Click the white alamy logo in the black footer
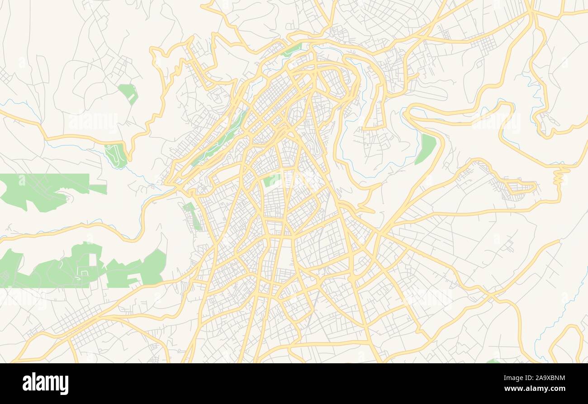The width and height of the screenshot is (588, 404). tap(46, 384)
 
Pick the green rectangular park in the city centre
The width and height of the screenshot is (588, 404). tap(271, 181)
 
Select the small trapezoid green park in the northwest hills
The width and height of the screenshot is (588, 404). tap(128, 92)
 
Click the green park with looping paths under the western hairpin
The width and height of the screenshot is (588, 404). tap(116, 155)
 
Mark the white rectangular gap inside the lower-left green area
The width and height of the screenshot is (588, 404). tap(93, 260)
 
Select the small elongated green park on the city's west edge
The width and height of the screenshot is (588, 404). tap(192, 215)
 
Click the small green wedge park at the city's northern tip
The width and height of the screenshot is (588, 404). tap(292, 49)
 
